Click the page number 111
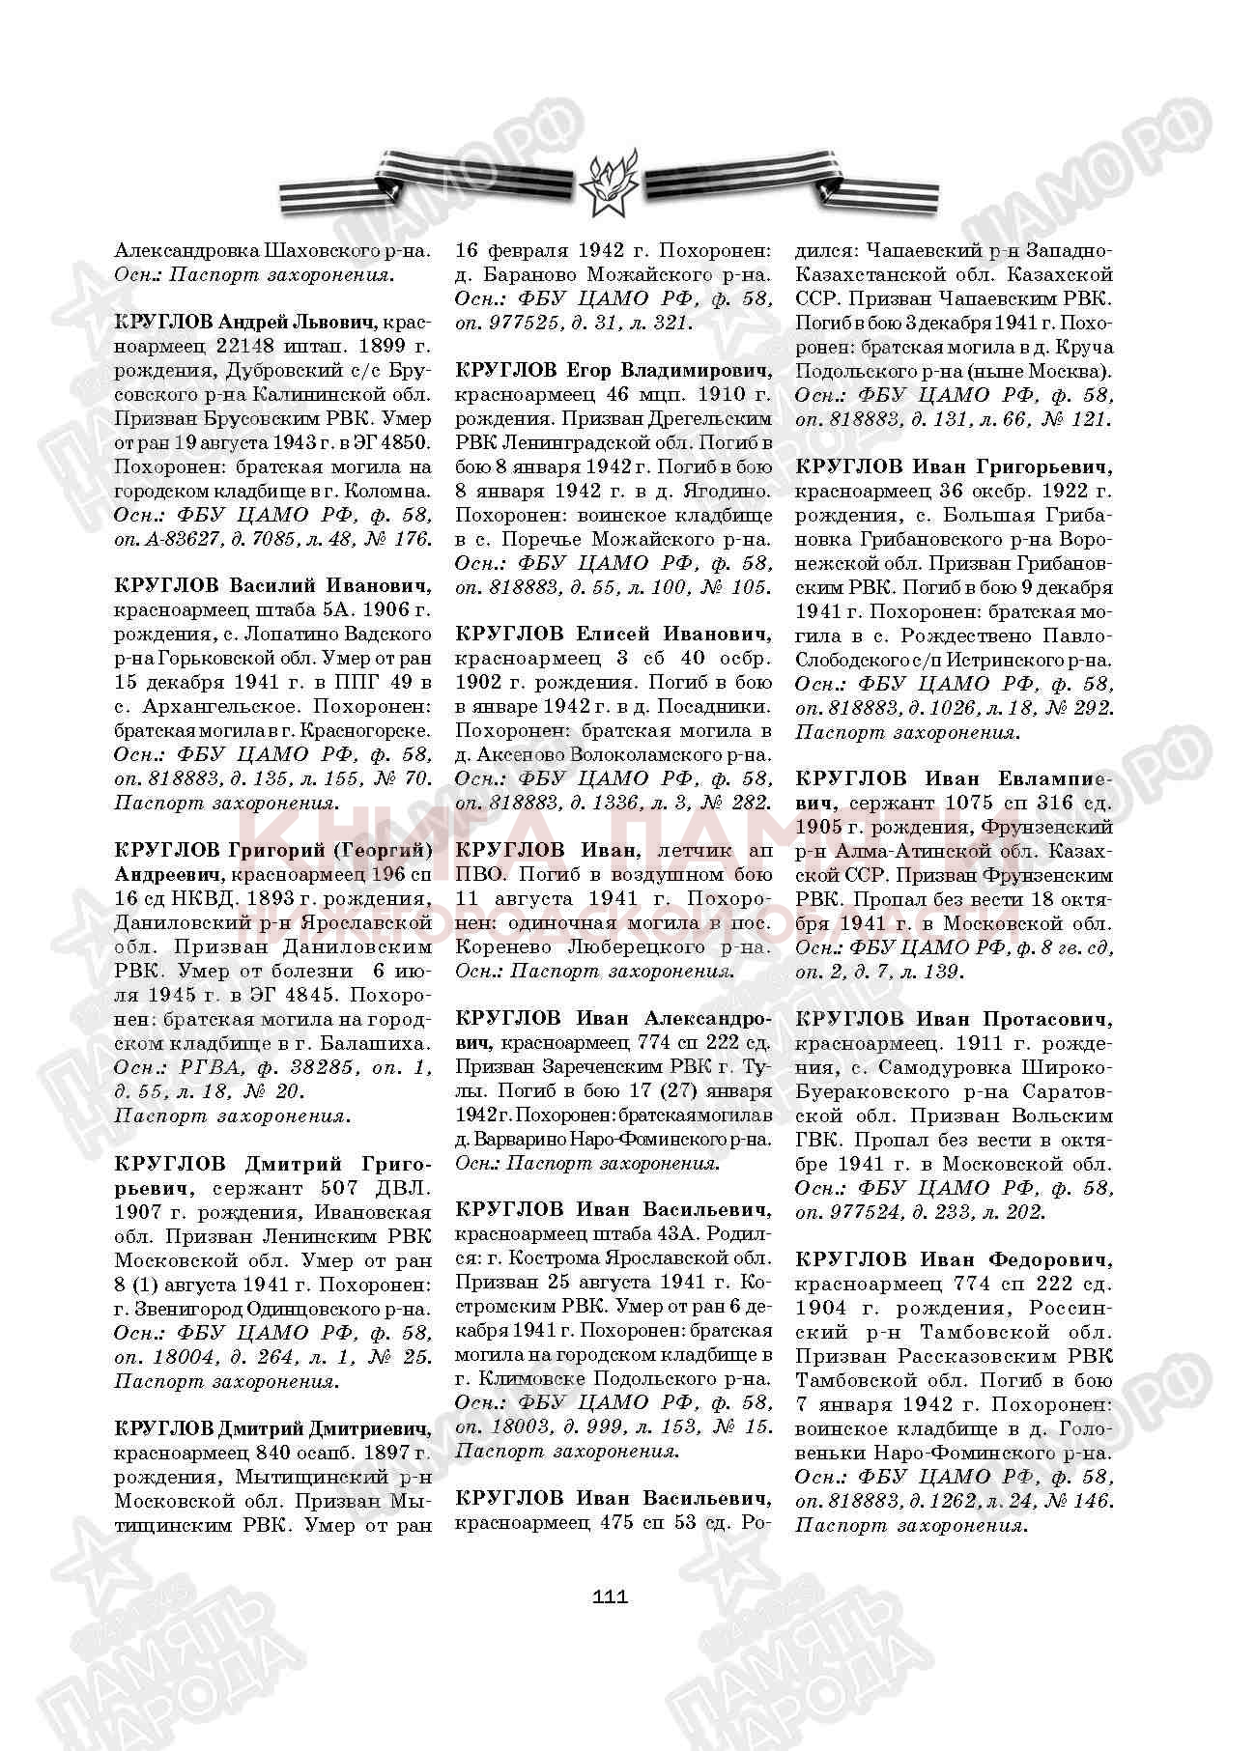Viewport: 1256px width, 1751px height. [610, 1596]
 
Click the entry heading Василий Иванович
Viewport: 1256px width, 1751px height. [329, 586]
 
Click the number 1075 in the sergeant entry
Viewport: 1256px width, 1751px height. [970, 803]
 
